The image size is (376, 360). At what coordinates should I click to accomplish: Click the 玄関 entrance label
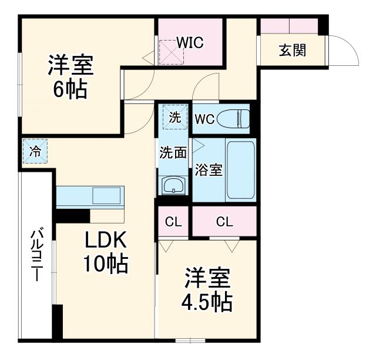click(x=292, y=50)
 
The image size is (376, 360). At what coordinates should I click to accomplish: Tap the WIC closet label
click(x=190, y=42)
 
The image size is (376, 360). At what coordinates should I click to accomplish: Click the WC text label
click(x=204, y=118)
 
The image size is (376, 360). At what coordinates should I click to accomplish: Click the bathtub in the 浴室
click(x=241, y=170)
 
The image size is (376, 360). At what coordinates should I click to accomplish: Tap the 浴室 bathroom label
click(x=209, y=171)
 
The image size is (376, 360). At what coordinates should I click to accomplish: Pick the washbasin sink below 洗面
click(x=173, y=187)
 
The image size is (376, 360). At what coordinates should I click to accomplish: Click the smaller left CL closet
click(x=173, y=222)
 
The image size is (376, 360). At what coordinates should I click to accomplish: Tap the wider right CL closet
click(x=224, y=222)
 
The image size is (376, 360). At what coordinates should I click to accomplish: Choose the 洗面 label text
click(x=173, y=153)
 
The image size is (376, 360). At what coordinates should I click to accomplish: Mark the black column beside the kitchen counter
click(x=73, y=215)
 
